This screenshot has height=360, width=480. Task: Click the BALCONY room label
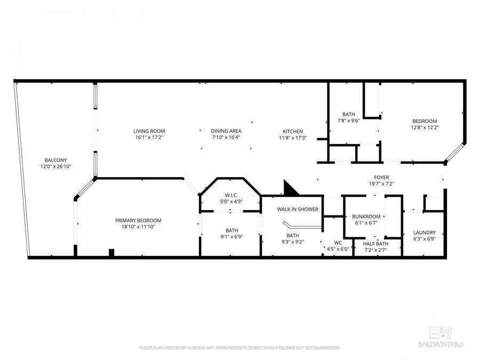pyautogui.click(x=55, y=160)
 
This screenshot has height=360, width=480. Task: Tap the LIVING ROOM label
pyautogui.click(x=149, y=131)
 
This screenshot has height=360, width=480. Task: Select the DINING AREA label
pyautogui.click(x=226, y=131)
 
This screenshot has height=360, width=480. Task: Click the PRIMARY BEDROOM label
pyautogui.click(x=138, y=220)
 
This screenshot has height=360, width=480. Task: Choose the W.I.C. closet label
pyautogui.click(x=231, y=195)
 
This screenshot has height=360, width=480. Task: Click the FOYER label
pyautogui.click(x=381, y=177)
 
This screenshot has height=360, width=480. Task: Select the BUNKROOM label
pyautogui.click(x=366, y=217)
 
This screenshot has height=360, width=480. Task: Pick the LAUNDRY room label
pyautogui.click(x=425, y=233)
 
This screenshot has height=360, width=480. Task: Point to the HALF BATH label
pyautogui.click(x=376, y=244)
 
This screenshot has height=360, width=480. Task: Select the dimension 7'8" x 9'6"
pyautogui.click(x=349, y=121)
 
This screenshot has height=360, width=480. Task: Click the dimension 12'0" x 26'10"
pyautogui.click(x=55, y=166)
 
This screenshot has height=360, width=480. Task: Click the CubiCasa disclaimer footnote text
pyautogui.click(x=239, y=348)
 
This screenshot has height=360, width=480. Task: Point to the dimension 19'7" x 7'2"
pyautogui.click(x=381, y=183)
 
